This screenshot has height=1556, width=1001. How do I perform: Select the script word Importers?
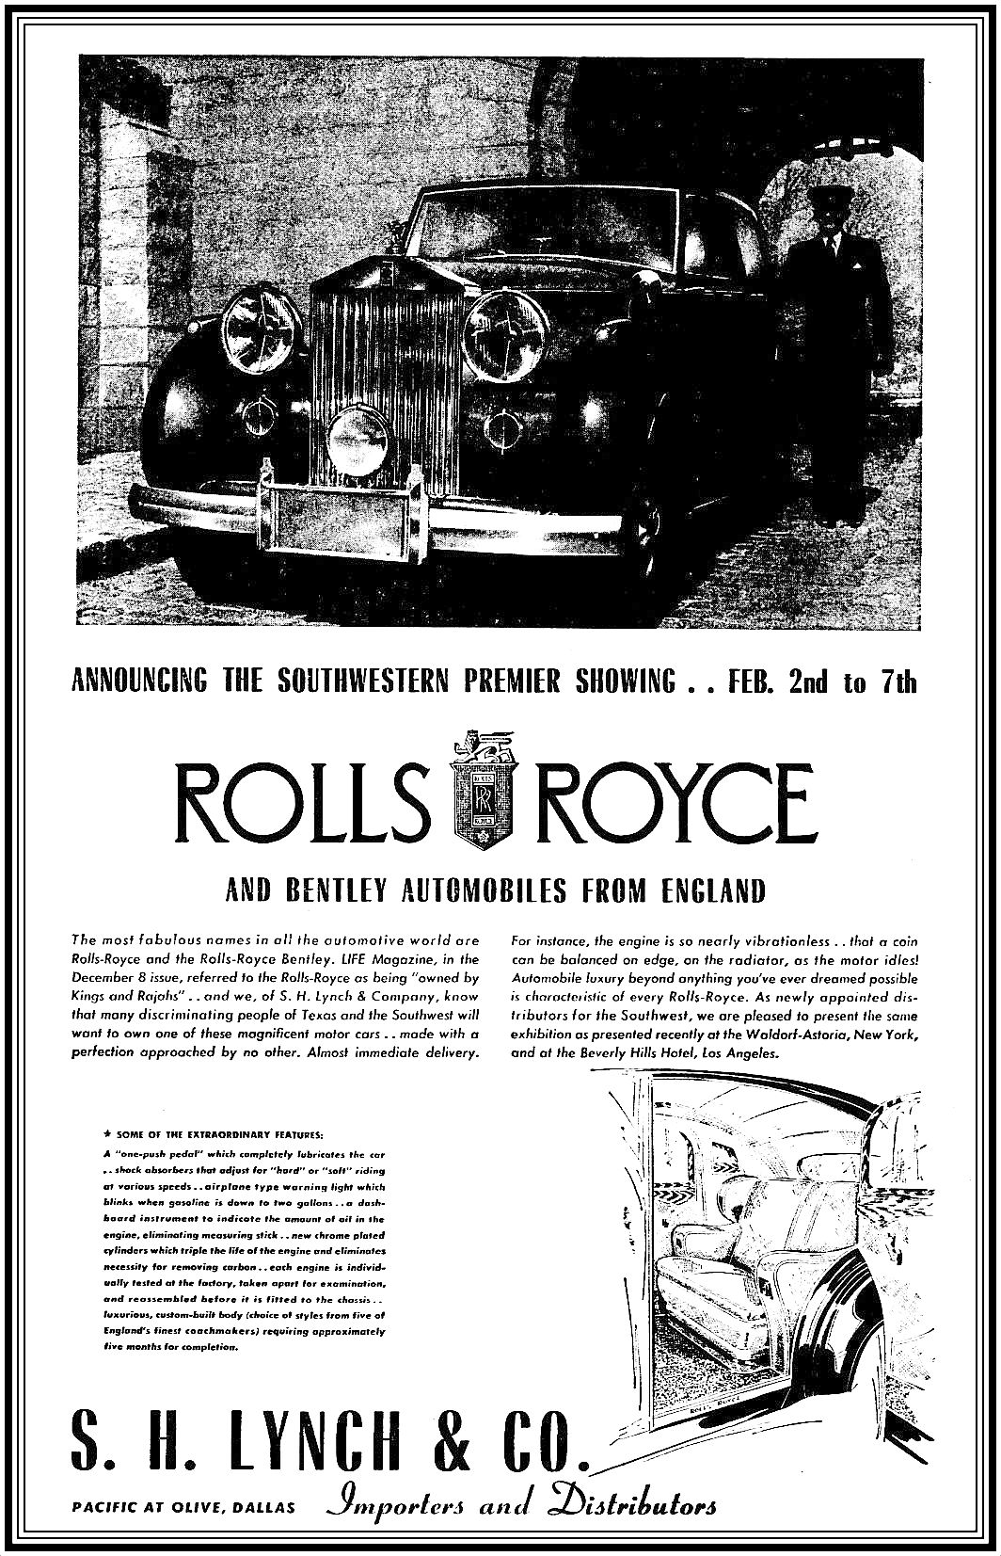tap(397, 1503)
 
